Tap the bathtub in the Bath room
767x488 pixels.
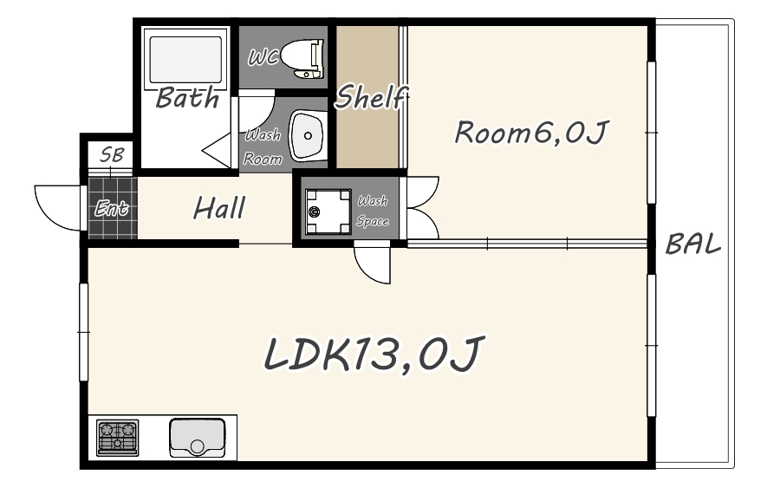(x=185, y=60)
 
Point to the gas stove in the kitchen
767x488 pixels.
(x=117, y=437)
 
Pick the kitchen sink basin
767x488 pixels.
(x=197, y=437)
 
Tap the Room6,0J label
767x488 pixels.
(x=532, y=132)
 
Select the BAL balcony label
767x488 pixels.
(x=693, y=244)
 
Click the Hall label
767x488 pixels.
(x=219, y=208)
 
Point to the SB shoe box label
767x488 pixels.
(x=112, y=154)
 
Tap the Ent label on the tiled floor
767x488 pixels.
(x=112, y=209)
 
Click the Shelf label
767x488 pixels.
(x=371, y=97)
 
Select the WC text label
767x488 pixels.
(x=263, y=58)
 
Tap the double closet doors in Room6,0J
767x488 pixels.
(x=423, y=207)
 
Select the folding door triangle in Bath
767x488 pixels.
(x=216, y=150)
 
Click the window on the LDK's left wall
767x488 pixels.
(x=84, y=332)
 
